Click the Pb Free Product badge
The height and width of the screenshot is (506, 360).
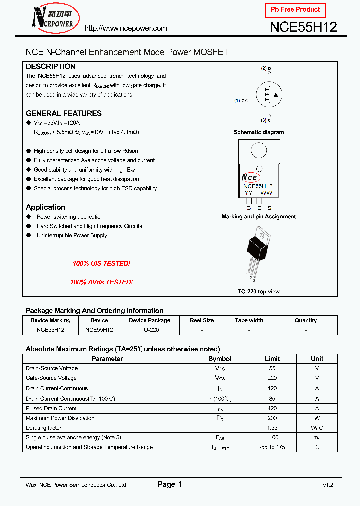tap(295, 10)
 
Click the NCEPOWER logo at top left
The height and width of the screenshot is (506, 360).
tap(52, 17)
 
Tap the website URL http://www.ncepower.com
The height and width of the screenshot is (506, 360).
tap(126, 28)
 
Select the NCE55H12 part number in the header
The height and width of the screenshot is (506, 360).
tap(303, 27)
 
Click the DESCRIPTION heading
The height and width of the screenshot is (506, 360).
tap(50, 67)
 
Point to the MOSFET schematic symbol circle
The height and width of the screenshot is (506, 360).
tap(269, 95)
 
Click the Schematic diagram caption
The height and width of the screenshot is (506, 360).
tap(259, 132)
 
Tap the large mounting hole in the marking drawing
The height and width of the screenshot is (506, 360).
tap(258, 150)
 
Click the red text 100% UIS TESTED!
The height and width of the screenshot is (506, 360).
tap(101, 263)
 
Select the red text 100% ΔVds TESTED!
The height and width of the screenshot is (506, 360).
tap(101, 282)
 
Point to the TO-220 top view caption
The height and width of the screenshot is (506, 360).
tap(259, 291)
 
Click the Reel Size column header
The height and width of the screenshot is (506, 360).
tap(202, 320)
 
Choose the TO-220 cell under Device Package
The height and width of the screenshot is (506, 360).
tap(149, 330)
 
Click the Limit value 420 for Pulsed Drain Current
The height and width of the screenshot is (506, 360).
tap(272, 408)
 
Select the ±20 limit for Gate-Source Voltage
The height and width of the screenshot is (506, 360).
tap(272, 378)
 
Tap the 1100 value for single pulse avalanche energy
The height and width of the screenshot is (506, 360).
tap(272, 437)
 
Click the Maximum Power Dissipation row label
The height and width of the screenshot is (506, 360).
tap(60, 418)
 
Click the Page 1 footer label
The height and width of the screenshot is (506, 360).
tap(170, 484)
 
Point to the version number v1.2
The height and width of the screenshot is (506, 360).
tap(328, 485)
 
